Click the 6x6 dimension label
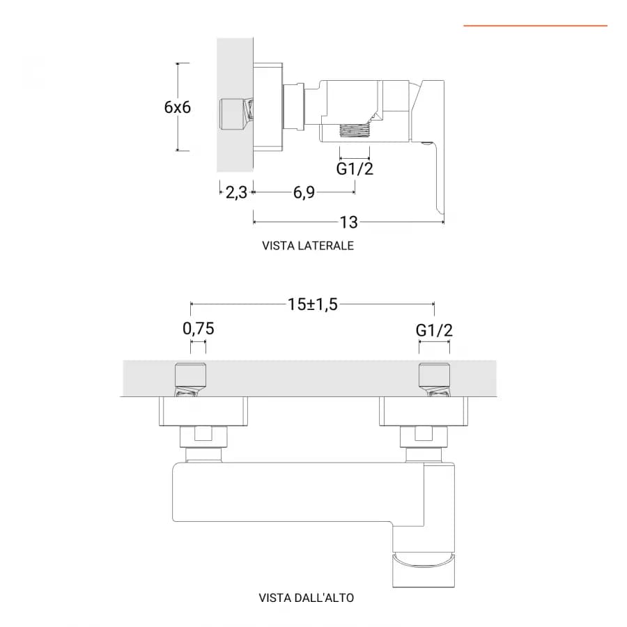(177, 107)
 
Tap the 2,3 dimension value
(236, 192)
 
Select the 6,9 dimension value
(304, 192)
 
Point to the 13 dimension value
(349, 222)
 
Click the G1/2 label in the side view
(355, 169)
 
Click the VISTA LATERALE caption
(308, 245)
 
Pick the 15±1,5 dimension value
(313, 304)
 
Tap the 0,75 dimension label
(199, 329)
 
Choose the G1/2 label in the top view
(434, 330)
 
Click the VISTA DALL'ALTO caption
(307, 598)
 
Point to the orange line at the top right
(536, 26)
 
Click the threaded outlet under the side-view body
(355, 130)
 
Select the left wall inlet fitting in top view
(191, 380)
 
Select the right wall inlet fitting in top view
(434, 380)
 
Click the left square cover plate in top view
(203, 411)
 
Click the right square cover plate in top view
(424, 411)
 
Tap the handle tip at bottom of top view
(424, 570)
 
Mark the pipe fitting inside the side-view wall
(236, 114)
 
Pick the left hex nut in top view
(204, 436)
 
